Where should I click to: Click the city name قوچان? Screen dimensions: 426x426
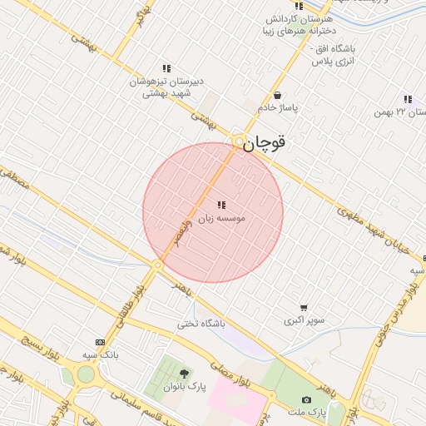coord(265,142)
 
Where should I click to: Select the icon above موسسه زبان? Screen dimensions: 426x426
coord(220,204)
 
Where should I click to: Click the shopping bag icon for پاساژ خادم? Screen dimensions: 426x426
coord(277,95)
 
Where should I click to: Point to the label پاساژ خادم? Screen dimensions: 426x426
coord(277,107)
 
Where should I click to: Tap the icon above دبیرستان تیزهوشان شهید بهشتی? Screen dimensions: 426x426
coord(166,68)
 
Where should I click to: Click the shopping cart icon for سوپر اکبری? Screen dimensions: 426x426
coord(304,307)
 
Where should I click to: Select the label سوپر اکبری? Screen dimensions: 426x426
coord(304,320)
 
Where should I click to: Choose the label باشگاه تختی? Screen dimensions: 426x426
coord(200,324)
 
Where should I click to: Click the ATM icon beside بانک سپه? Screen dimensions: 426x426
coord(101,342)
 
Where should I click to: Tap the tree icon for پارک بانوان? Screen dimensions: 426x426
coord(184,374)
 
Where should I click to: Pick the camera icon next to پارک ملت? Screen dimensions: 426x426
coord(306,400)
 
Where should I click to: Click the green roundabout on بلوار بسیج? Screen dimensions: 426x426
coord(86,374)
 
